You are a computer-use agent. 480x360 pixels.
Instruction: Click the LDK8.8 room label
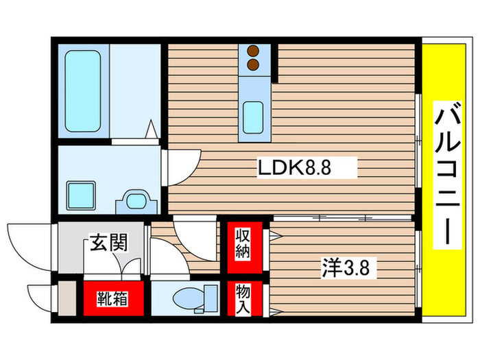pyautogui.click(x=294, y=167)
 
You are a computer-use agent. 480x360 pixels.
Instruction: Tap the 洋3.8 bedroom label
pyautogui.click(x=346, y=268)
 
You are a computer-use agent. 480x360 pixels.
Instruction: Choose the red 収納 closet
pyautogui.click(x=243, y=245)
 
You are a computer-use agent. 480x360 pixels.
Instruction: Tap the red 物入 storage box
pyautogui.click(x=243, y=299)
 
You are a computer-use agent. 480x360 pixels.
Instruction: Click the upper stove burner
pyautogui.click(x=254, y=51)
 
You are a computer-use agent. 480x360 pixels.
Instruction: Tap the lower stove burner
pyautogui.click(x=254, y=65)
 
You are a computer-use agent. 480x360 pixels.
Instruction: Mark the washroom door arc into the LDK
pyautogui.click(x=181, y=165)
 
